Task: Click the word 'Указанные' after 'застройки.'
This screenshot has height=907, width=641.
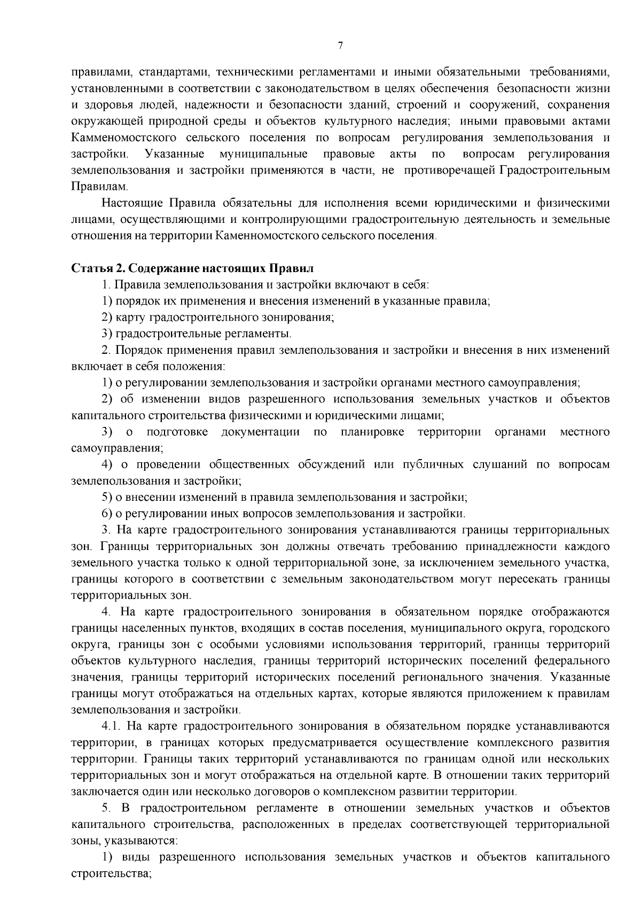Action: point(175,154)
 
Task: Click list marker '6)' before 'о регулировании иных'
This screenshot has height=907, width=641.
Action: point(107,514)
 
